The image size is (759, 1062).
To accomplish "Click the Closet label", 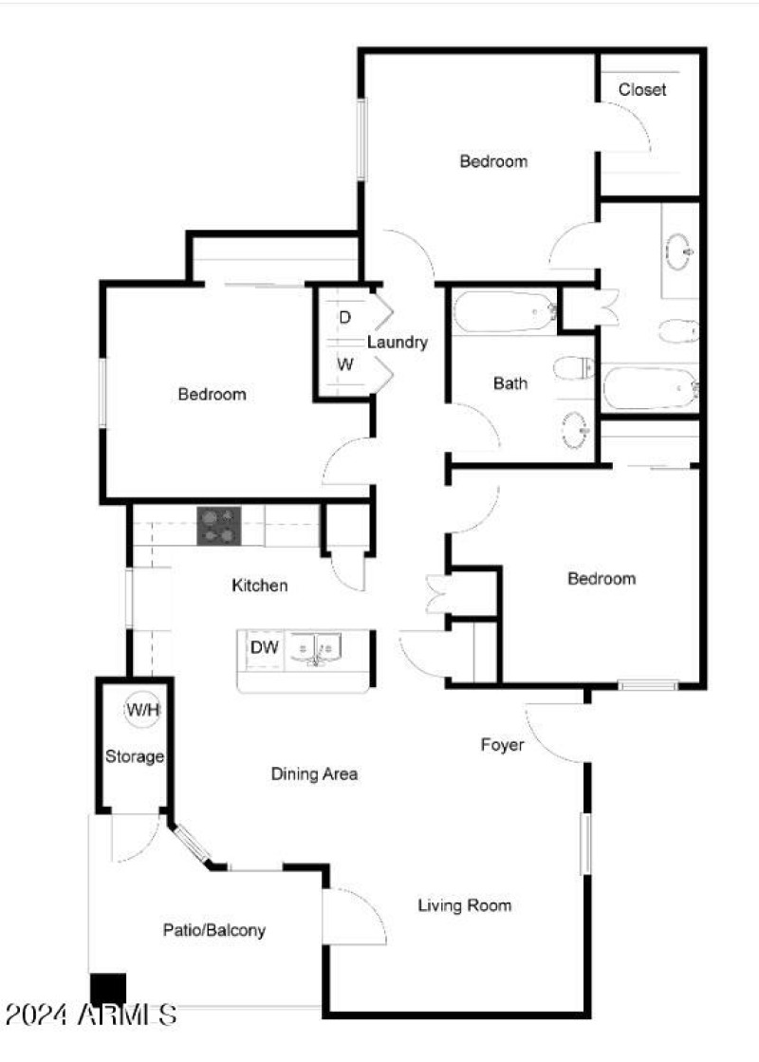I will [642, 90].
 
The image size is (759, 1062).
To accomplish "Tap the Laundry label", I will [398, 343].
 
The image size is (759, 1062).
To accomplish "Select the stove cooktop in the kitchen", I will [219, 526].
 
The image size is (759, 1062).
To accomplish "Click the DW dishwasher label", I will [264, 648].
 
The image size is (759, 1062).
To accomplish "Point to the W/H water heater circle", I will [142, 709].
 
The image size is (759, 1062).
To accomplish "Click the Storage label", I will [135, 757].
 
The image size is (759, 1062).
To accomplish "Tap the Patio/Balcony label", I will [213, 930].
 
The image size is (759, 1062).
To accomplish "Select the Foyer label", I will [502, 745].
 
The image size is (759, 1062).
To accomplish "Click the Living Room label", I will [465, 905].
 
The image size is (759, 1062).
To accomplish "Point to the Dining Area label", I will [314, 774].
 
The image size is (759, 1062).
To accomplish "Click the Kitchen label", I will [260, 586].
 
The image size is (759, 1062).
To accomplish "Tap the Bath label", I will [510, 383].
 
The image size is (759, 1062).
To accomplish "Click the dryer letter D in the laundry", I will [344, 316].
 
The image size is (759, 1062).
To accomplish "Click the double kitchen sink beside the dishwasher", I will [316, 649].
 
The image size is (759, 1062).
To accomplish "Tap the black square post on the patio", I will [107, 990].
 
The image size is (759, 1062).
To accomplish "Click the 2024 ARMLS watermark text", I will [90, 1014].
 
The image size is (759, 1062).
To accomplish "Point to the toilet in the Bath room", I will [573, 366].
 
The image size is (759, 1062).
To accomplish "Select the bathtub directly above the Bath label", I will [504, 311].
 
